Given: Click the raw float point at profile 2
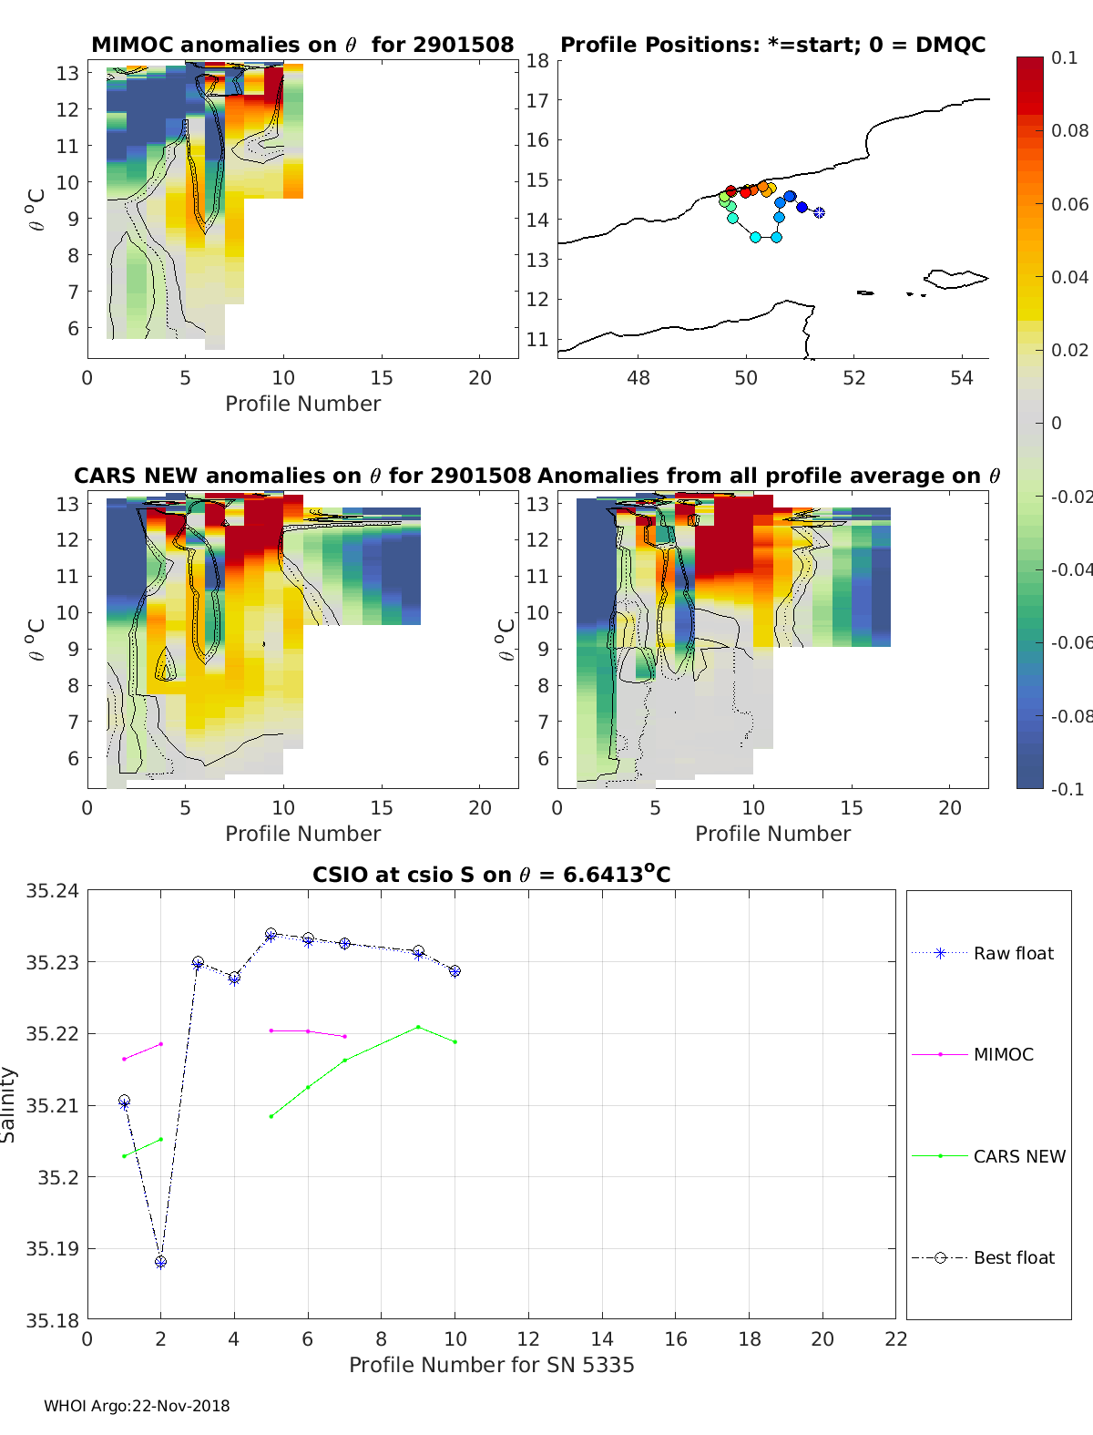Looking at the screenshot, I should click(161, 1262).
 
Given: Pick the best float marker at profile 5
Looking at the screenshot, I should click(271, 935).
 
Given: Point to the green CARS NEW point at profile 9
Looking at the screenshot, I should click(418, 1027).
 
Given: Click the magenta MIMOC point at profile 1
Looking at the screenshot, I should click(124, 1059).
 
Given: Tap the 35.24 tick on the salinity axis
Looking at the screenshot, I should click(52, 891).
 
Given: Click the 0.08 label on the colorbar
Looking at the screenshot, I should click(1069, 130).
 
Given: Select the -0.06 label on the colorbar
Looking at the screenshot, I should click(1071, 642).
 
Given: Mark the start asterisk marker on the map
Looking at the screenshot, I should click(819, 212).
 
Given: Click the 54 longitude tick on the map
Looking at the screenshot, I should click(962, 378).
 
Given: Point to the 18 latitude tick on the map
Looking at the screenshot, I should click(537, 61).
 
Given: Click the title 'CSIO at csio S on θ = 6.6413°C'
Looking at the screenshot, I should click(492, 875).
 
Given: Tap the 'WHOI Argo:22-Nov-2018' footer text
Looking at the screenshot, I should click(137, 1406).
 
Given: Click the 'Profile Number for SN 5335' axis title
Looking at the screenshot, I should click(492, 1365).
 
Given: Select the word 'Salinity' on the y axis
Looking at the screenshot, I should click(9, 1104).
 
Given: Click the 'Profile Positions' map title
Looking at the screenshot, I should click(772, 45).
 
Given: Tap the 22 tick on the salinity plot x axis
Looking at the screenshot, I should click(896, 1338).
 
